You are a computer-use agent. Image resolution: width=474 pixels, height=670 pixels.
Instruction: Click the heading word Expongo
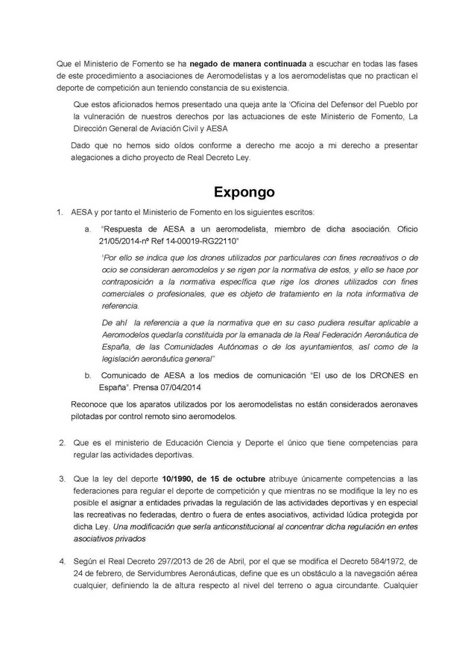pos(244,192)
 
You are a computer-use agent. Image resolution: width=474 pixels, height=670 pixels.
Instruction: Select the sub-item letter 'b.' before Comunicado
pos(87,376)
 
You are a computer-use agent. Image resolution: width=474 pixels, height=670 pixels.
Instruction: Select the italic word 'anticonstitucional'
pos(256,526)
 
